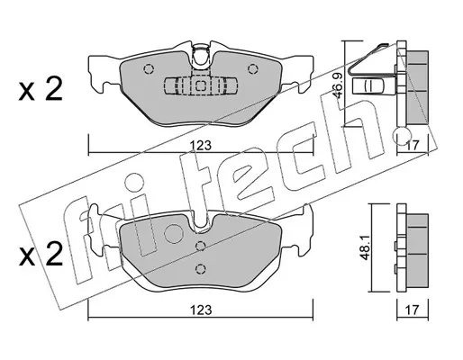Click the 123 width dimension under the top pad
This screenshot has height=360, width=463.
200,146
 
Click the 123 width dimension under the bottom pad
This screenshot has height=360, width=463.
200,310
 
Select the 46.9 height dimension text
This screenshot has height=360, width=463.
337,86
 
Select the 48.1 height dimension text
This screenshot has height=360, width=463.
365,247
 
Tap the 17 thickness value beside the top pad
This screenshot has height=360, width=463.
413,146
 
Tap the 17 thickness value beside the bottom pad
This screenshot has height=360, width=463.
413,310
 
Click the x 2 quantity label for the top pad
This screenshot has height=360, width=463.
41,89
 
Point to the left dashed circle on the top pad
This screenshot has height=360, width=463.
149,69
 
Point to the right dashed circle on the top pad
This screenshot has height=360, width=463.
252,69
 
